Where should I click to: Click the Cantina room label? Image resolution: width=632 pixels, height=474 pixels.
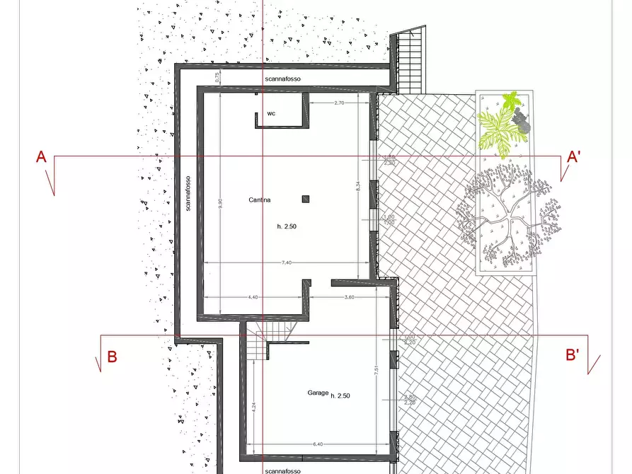tap(259, 200)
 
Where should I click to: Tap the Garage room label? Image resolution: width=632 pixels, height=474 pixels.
tap(318, 393)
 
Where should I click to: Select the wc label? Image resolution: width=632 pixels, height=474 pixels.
tap(271, 113)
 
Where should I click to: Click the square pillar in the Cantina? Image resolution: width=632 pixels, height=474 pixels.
tap(306, 199)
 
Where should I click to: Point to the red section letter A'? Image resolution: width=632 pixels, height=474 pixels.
tap(573, 157)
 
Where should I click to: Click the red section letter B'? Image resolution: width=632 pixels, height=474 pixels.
tap(573, 355)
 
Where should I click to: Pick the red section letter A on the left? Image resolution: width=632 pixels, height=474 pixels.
tap(42, 157)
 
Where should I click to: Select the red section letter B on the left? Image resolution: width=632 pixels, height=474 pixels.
tap(112, 357)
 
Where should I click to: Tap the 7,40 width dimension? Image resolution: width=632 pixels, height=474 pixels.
tap(287, 262)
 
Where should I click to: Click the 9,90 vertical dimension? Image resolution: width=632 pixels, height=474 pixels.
tap(220, 202)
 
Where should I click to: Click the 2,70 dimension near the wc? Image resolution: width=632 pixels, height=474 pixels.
tap(338, 103)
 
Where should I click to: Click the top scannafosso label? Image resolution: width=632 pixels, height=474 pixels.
tap(283, 79)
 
